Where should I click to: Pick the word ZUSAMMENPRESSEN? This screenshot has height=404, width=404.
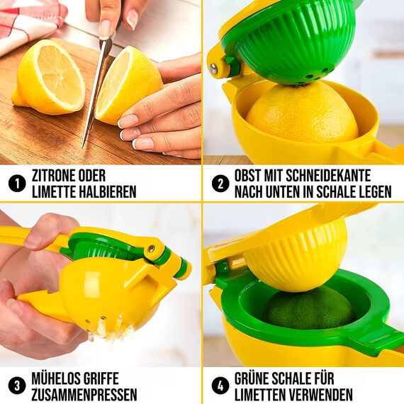tap(84, 395)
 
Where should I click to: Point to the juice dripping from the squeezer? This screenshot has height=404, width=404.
tap(106, 327)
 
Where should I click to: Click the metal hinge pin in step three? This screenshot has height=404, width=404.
tap(150, 249)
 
